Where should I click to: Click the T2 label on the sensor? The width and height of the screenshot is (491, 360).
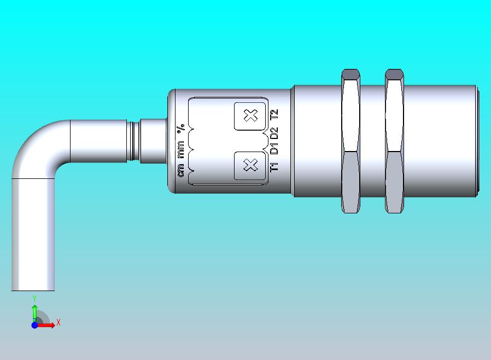click(x=274, y=114)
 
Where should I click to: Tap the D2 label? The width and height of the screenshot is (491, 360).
click(x=274, y=133)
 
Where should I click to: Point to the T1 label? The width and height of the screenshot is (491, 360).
click(x=274, y=167)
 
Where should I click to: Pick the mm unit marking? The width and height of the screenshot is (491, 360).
click(x=180, y=149)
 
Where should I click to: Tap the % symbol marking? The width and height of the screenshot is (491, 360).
click(x=180, y=129)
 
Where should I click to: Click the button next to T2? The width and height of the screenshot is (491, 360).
click(x=250, y=116)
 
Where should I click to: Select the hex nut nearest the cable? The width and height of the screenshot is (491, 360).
click(x=350, y=141)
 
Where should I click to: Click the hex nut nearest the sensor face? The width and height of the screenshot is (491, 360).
click(x=394, y=141)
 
